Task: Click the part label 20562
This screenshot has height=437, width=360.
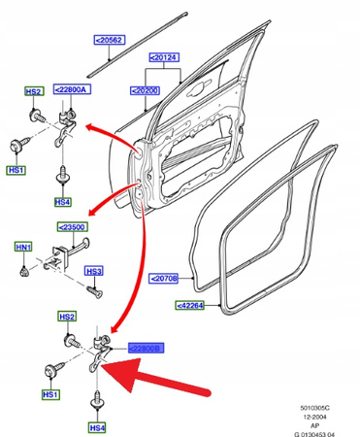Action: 110,40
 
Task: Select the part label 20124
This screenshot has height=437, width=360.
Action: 164,57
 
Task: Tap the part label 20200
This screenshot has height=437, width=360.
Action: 145,90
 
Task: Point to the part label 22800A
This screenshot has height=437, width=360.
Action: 72,89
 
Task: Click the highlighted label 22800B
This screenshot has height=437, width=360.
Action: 146,348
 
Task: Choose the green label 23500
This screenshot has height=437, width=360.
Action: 73,227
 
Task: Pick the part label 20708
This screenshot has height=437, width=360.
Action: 164,279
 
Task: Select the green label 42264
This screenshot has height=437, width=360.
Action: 190,305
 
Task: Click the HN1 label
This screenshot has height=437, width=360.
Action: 23,248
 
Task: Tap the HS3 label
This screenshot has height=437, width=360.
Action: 94,271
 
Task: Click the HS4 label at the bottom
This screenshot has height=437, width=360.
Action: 97,428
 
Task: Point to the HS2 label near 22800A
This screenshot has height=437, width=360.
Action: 34,91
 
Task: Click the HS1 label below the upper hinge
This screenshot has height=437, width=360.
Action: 16,170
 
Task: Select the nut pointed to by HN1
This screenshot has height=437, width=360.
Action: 23,271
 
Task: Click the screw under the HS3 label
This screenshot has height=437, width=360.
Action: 94,292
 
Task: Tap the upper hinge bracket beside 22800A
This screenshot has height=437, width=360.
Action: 66,127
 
